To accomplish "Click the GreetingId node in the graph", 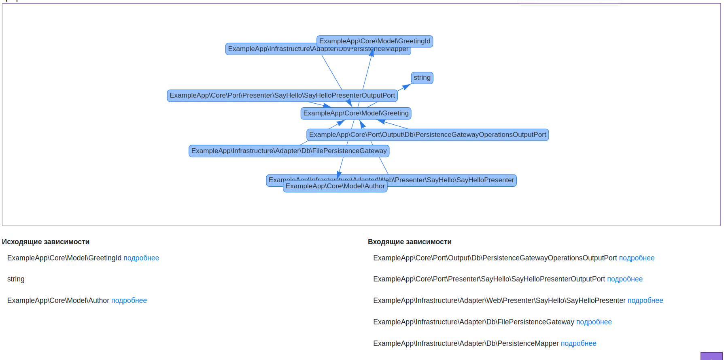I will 375,41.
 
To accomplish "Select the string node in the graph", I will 422,78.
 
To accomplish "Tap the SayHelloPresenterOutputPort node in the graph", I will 282,96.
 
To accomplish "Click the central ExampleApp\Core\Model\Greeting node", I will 356,113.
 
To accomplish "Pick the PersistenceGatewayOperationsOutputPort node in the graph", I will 427,135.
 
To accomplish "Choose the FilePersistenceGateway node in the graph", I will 289,151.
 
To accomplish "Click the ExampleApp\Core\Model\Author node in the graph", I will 335,187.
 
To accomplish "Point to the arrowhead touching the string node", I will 406,86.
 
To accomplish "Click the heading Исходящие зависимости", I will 46,242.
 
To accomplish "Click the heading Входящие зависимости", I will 410,242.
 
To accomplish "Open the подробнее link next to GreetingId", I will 141,258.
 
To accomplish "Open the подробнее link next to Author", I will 129,300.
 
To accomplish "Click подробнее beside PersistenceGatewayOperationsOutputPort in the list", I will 637,258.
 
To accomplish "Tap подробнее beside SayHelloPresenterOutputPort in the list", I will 625,279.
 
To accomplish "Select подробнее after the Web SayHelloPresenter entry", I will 645,300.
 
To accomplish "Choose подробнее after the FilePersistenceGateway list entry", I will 594,322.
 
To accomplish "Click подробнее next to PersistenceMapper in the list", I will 578,343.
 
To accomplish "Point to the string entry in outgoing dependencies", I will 16,279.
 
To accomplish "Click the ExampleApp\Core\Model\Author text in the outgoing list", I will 58,300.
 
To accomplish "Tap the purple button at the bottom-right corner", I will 711,356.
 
